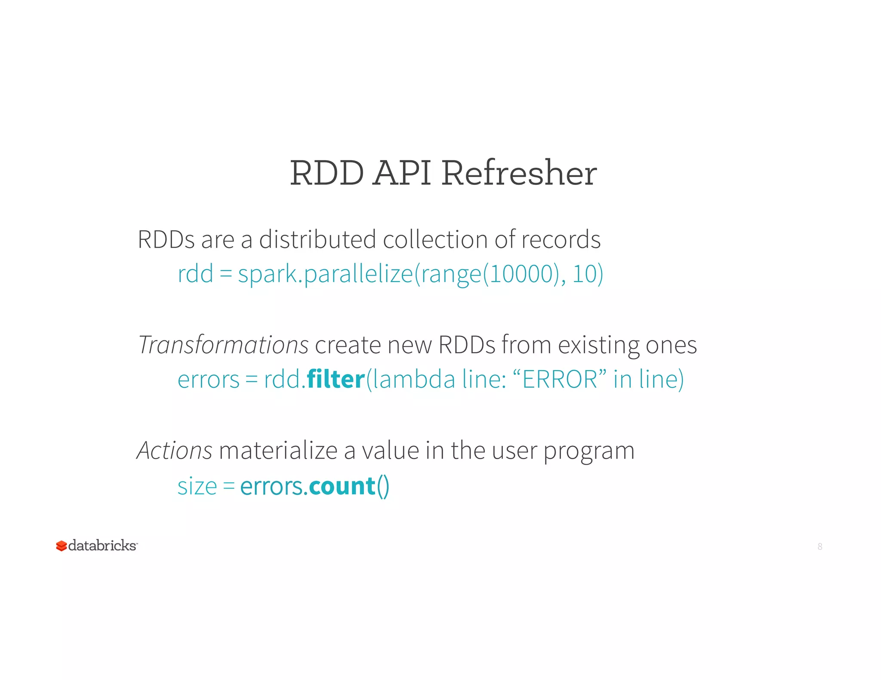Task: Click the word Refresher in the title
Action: point(519,173)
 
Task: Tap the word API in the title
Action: point(402,173)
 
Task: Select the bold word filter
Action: point(336,379)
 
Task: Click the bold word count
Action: point(342,486)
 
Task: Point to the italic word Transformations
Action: point(224,345)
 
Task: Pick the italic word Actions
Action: point(175,450)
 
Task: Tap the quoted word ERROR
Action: point(560,379)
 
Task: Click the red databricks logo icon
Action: point(62,546)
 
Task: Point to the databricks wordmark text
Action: point(102,545)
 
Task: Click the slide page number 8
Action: point(820,547)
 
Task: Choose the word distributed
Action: point(317,239)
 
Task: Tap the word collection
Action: point(435,239)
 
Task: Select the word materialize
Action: point(278,450)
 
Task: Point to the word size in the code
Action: point(197,487)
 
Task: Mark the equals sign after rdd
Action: point(226,274)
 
